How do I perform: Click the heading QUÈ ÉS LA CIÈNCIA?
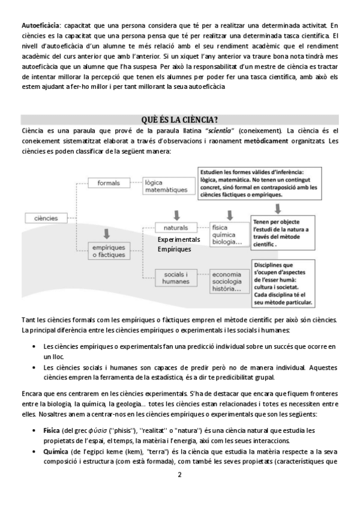179,119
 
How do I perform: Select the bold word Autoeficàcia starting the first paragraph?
40,25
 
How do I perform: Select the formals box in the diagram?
108,182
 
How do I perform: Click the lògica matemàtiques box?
166,186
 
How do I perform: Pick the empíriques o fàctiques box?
109,251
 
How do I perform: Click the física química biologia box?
226,235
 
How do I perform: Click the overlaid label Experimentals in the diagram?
179,239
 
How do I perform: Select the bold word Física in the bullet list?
52,432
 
